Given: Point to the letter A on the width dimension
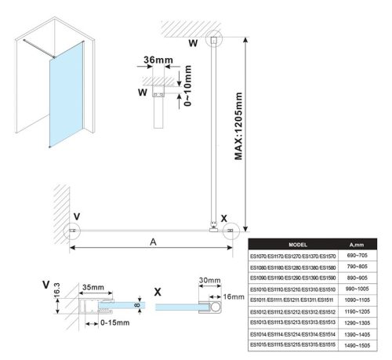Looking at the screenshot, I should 151,242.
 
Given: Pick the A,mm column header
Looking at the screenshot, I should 358,244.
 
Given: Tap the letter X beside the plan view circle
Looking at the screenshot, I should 224,219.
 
